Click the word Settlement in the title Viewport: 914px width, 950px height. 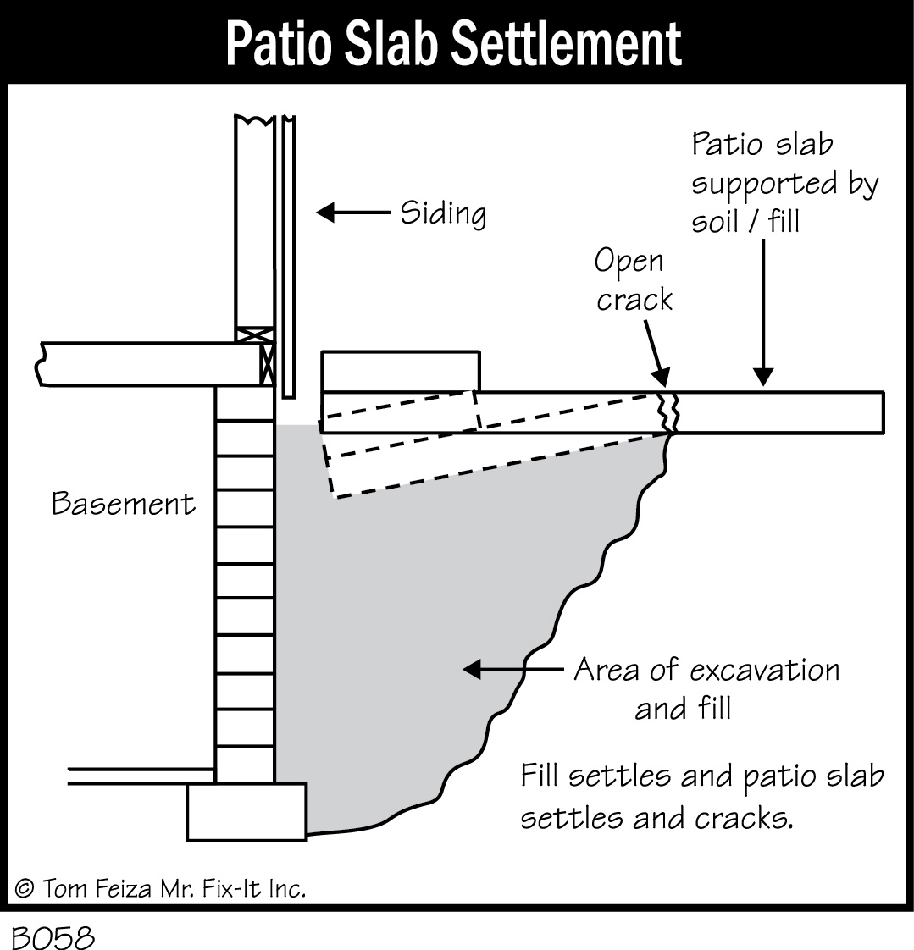(x=566, y=44)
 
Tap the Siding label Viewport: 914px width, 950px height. (x=443, y=213)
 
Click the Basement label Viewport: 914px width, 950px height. (x=124, y=505)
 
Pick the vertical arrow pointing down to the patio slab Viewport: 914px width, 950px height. (x=763, y=313)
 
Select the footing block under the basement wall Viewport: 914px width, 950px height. (x=246, y=811)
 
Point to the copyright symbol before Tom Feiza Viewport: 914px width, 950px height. (x=25, y=888)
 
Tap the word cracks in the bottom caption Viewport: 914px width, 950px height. (x=743, y=820)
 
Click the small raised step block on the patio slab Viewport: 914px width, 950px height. (x=401, y=372)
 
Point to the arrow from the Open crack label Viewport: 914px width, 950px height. (x=652, y=352)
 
